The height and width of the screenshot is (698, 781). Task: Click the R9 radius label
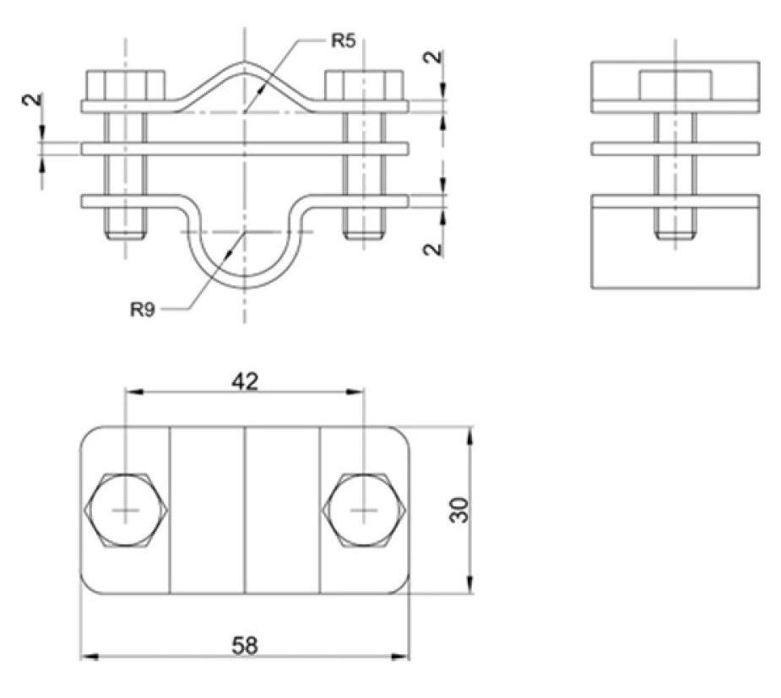coord(143,309)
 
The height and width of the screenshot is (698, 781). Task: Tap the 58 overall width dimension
coord(245,645)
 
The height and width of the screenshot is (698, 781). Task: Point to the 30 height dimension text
coord(458,509)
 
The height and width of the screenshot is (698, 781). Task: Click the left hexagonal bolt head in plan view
coord(127,511)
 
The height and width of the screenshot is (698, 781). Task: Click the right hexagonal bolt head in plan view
coord(365,511)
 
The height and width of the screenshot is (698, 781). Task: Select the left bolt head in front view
coord(125,85)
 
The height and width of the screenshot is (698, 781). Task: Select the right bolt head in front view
coord(365,85)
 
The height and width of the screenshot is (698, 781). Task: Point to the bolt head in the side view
coord(675,85)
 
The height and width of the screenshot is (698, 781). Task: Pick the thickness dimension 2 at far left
coord(32,99)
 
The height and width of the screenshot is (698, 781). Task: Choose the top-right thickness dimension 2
coord(432,59)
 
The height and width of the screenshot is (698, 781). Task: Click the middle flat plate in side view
coord(675,149)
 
